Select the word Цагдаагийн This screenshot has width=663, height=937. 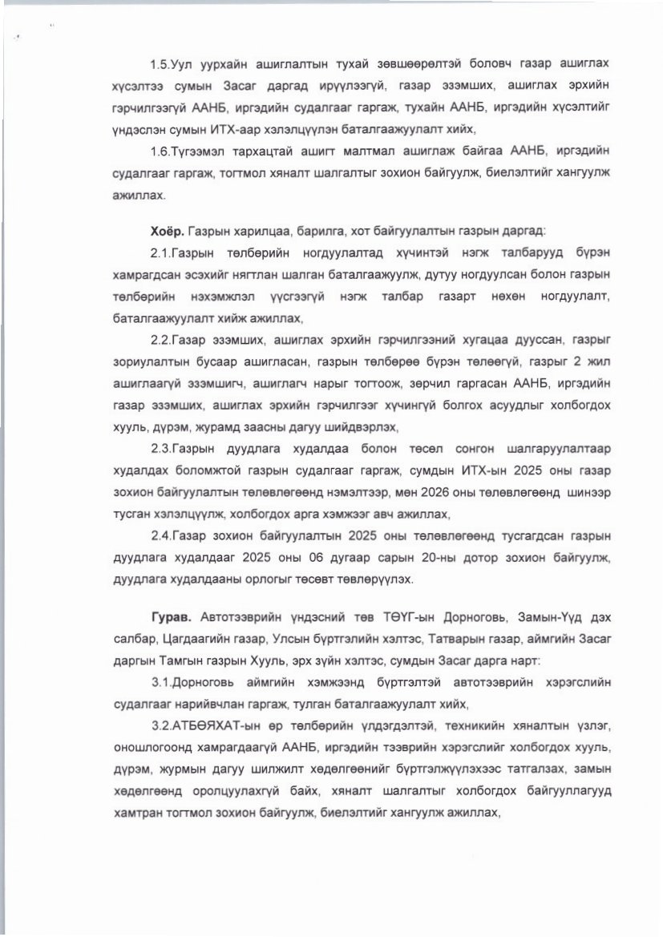[x=181, y=641]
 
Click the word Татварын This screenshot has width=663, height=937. [x=461, y=641]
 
